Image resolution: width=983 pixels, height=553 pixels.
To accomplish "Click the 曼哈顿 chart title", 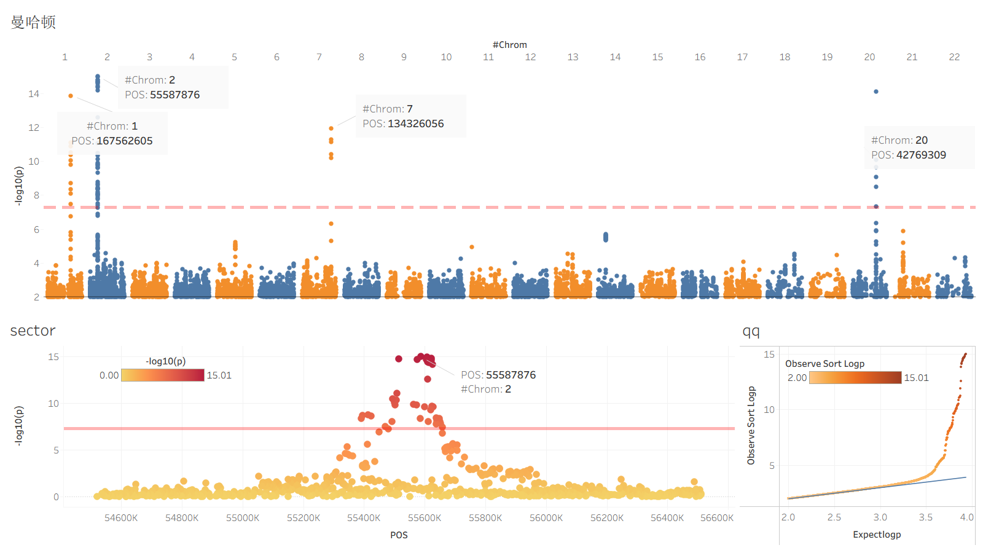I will (33, 23).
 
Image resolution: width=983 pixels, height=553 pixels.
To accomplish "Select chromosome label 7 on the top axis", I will (319, 57).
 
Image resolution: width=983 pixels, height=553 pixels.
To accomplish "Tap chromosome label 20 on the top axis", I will (869, 57).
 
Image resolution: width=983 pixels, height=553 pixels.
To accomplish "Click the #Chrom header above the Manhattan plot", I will (509, 45).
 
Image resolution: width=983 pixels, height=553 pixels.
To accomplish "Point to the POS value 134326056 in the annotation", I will (415, 124).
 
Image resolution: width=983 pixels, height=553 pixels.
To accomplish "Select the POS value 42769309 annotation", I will (921, 155).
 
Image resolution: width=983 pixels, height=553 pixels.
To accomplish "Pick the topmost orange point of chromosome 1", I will (71, 96).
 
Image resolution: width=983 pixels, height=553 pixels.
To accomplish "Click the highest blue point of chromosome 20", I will (876, 92).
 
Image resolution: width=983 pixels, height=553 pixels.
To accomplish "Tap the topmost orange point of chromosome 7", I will (331, 128).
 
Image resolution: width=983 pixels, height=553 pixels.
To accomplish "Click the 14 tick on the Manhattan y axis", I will (34, 94).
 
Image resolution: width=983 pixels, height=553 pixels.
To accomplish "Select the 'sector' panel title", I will (33, 331).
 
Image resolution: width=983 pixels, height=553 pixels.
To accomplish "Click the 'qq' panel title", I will (751, 331).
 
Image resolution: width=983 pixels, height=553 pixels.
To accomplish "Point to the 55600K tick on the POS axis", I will (425, 518).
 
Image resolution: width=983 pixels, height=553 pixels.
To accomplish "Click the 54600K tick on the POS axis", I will (121, 518).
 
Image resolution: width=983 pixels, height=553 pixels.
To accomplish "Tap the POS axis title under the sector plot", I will (399, 535).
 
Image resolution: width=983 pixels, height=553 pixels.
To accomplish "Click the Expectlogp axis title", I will (877, 535).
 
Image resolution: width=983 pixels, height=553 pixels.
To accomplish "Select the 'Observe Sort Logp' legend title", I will (824, 364).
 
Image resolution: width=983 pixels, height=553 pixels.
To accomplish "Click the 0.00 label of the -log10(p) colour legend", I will (109, 375).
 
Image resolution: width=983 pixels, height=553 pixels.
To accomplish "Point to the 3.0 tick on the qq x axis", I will (880, 517).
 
